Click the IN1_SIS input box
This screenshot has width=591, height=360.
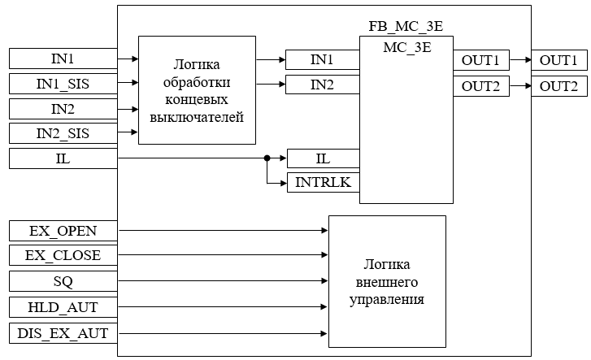(63, 84)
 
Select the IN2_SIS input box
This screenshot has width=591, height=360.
(63, 134)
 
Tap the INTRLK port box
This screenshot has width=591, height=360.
(323, 183)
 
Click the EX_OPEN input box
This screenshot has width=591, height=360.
(63, 231)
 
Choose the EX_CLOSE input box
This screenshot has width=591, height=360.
(63, 256)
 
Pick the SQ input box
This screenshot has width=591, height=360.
(63, 281)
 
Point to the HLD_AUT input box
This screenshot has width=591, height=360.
(63, 307)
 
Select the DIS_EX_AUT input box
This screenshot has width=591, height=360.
(63, 333)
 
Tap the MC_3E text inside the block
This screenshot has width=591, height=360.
(406, 46)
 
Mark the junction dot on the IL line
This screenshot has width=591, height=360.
(267, 158)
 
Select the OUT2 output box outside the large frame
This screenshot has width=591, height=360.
(558, 86)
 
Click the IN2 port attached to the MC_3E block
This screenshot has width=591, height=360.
(323, 85)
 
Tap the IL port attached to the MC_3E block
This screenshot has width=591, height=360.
(323, 158)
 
